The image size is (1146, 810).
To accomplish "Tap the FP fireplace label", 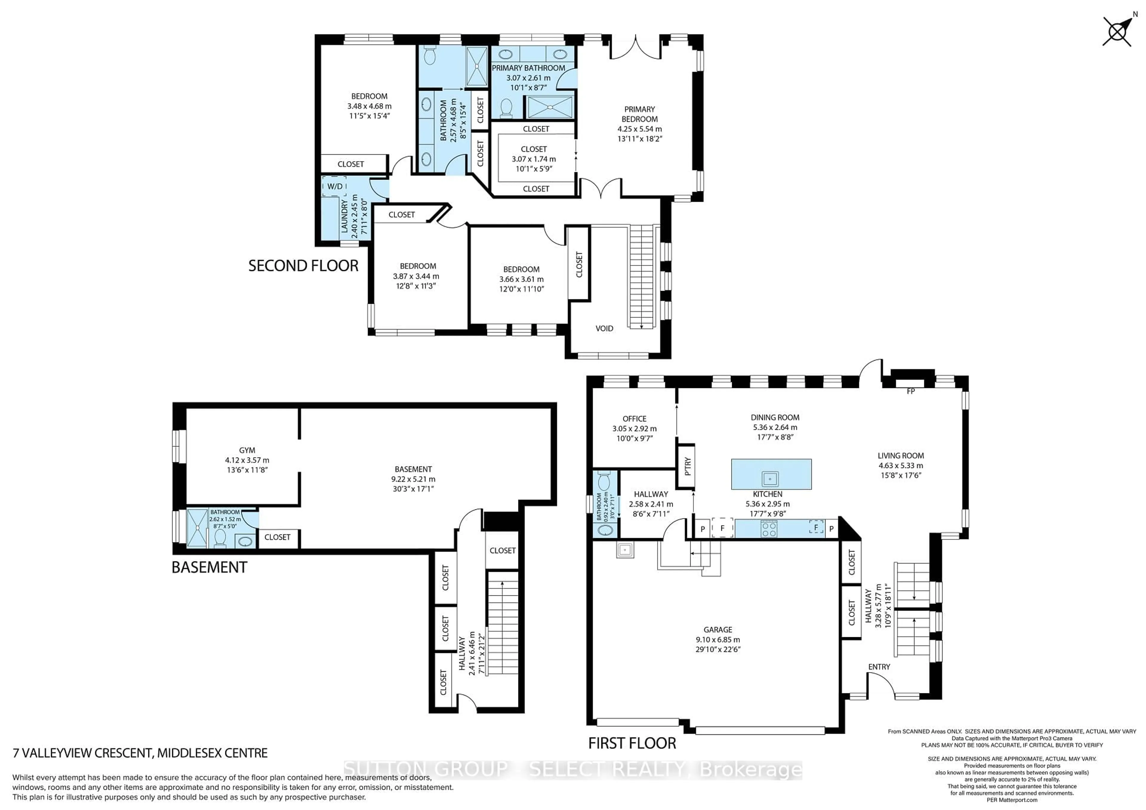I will [x=911, y=391].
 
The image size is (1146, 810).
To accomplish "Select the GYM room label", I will [x=247, y=450].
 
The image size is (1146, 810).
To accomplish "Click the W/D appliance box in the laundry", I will [x=335, y=186].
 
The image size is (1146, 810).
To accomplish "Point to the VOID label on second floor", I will [x=604, y=328].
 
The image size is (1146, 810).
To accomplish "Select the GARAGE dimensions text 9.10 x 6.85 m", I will [x=718, y=639].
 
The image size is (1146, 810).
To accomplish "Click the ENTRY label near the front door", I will [x=879, y=667].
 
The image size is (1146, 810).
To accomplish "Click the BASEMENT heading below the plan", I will [x=209, y=567].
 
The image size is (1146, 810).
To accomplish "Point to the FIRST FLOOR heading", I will [x=632, y=743].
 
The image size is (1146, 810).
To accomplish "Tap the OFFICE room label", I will [x=634, y=419].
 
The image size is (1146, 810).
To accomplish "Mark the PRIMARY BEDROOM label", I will [x=639, y=114].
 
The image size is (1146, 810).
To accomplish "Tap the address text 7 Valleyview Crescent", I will [x=140, y=753].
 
